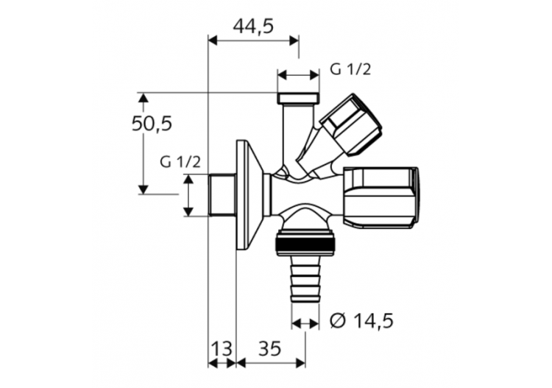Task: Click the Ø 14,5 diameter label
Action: [362, 320]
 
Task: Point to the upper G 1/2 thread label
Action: [350, 70]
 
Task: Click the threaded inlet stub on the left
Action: [222, 195]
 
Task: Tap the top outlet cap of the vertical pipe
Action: [298, 97]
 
